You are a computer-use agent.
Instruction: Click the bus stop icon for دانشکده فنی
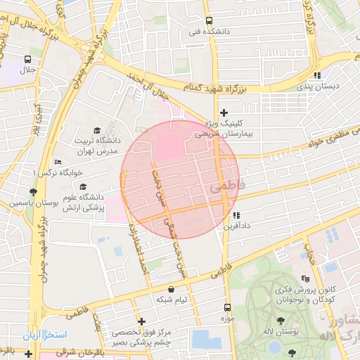point(208,20)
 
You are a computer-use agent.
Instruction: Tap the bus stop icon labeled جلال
point(27,59)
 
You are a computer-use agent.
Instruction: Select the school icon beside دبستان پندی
point(317,75)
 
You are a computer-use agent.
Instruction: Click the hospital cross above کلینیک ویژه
point(224,112)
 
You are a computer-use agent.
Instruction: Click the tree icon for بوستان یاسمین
point(33,192)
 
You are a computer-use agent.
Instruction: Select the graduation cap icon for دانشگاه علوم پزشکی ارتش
point(84,187)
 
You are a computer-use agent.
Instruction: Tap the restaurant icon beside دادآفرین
point(236,215)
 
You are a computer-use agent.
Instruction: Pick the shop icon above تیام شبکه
point(172,288)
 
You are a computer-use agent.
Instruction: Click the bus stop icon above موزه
point(226,307)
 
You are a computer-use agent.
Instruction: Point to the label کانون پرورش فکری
point(328,290)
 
